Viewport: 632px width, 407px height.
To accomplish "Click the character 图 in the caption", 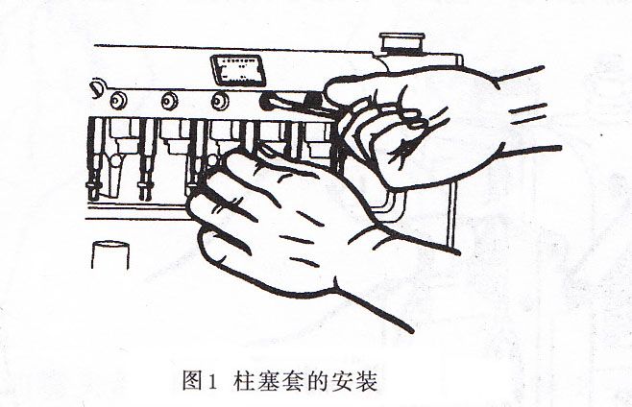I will coord(190,380).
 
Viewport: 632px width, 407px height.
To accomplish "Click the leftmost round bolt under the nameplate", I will coord(119,99).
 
